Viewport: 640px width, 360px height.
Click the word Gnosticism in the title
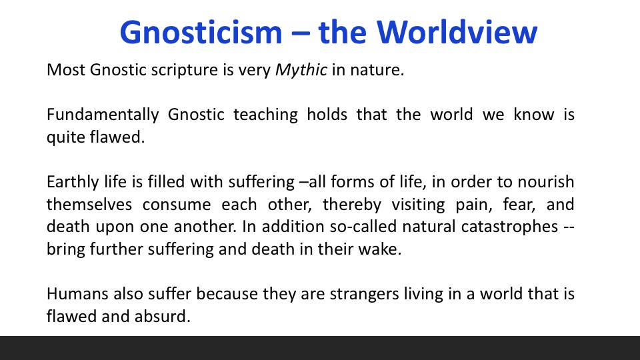pyautogui.click(x=201, y=32)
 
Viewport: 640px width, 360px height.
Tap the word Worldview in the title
pyautogui.click(x=457, y=32)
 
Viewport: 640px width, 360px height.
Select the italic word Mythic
pyautogui.click(x=301, y=70)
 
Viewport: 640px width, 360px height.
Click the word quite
pyautogui.click(x=65, y=137)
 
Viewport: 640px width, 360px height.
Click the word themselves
pyautogui.click(x=89, y=204)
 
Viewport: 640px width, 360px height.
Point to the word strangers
pyautogui.click(x=364, y=295)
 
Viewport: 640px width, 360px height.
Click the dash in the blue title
pyautogui.click(x=301, y=34)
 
